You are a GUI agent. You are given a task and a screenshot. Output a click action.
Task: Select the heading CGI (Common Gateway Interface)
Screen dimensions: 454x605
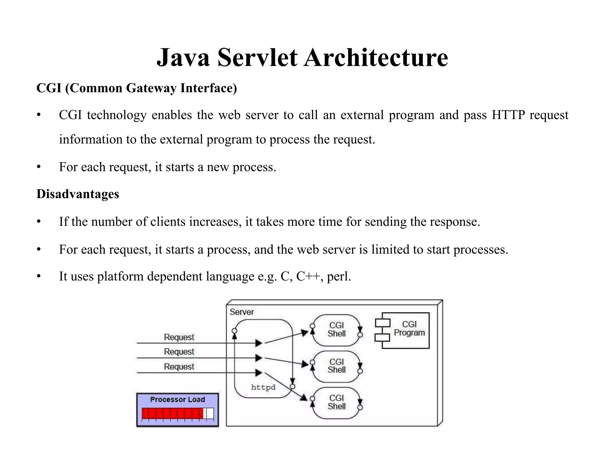136,88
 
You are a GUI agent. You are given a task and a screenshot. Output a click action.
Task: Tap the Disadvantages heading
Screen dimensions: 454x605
78,194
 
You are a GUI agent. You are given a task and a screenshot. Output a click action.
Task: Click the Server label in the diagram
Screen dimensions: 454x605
242,312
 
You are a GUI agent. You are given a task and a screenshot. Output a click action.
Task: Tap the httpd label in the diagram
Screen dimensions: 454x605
263,387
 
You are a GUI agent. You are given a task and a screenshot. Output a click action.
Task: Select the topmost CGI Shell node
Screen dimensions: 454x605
336,330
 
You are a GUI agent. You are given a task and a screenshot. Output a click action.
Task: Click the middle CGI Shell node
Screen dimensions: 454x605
336,366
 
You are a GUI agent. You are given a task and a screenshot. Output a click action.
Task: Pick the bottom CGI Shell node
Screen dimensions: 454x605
336,402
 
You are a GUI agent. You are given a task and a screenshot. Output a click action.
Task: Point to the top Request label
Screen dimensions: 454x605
179,337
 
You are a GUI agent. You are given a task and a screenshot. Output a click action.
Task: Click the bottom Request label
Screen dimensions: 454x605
179,367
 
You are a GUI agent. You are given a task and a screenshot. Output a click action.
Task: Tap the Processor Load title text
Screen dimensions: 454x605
177,400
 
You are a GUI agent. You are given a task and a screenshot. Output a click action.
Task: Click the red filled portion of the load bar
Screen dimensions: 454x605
172,413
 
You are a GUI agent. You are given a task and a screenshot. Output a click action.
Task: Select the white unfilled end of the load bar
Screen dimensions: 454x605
210,413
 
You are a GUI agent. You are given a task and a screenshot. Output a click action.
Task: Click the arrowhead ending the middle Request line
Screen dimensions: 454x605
258,358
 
